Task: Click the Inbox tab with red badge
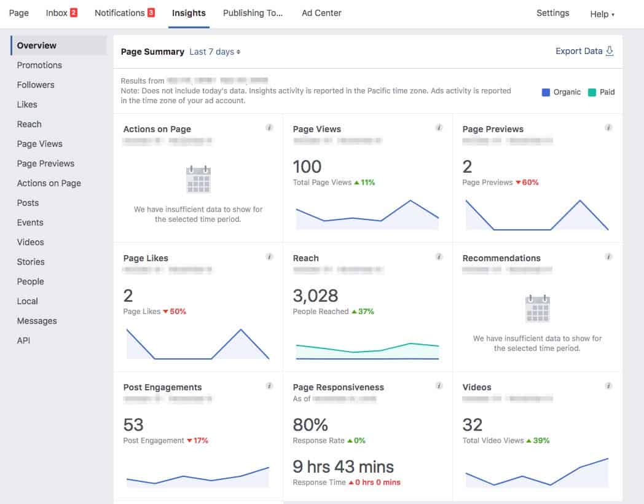pyautogui.click(x=61, y=13)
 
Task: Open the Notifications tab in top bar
pyautogui.click(x=124, y=13)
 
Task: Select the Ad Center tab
pyautogui.click(x=321, y=13)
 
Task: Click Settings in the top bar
pyautogui.click(x=552, y=13)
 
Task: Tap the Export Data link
pyautogui.click(x=584, y=51)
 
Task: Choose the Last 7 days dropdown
pyautogui.click(x=214, y=52)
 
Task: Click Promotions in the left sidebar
pyautogui.click(x=39, y=65)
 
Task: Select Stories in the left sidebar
pyautogui.click(x=31, y=262)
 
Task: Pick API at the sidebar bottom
pyautogui.click(x=23, y=341)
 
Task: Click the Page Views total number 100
pyautogui.click(x=307, y=167)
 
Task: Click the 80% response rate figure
pyautogui.click(x=310, y=425)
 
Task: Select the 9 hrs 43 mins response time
pyautogui.click(x=343, y=467)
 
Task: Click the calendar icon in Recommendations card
pyautogui.click(x=537, y=309)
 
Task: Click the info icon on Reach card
pyautogui.click(x=439, y=257)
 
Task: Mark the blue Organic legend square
pyautogui.click(x=546, y=92)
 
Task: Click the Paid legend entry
pyautogui.click(x=600, y=92)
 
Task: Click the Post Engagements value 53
pyautogui.click(x=133, y=425)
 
